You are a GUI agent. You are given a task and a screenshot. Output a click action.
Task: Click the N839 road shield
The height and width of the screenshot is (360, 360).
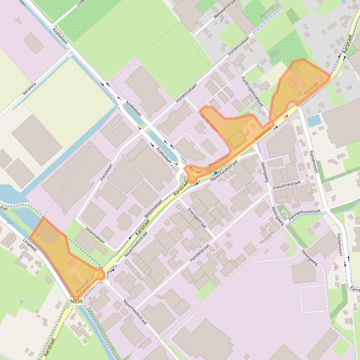pyautogui.click(x=77, y=302)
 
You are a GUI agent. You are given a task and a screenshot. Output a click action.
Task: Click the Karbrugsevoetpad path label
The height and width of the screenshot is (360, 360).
pyautogui.click(x=252, y=91)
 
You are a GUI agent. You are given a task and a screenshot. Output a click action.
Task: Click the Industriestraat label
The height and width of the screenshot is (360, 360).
pyautogui.click(x=286, y=184)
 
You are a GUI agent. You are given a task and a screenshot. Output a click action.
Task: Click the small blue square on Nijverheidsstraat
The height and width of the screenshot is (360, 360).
pyautogui.click(x=216, y=173)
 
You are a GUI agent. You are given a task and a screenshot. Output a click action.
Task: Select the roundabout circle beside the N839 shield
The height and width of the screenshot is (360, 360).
pyautogui.click(x=100, y=275)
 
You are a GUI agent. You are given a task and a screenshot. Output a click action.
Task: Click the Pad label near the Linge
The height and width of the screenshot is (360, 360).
pyautogui.click(x=4, y=208)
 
